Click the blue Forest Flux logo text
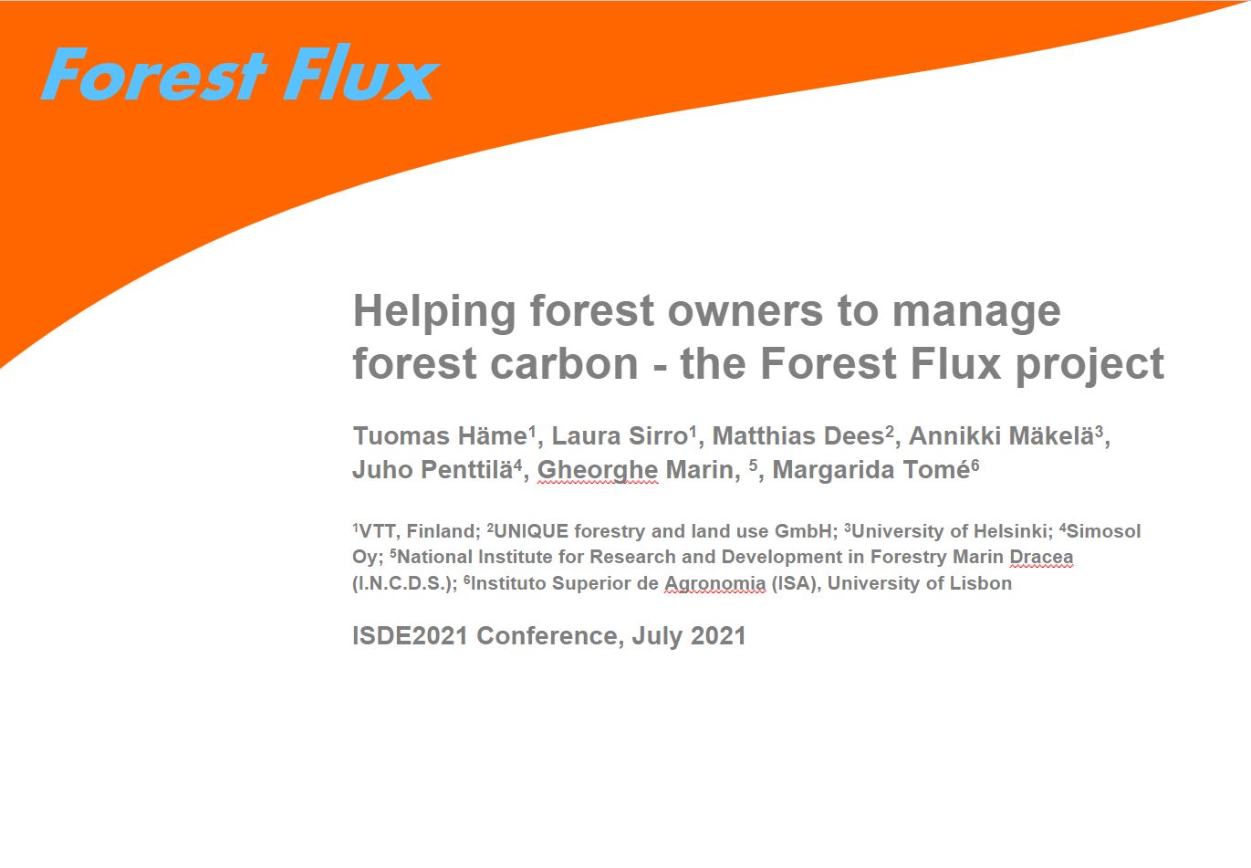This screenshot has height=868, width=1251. (x=240, y=73)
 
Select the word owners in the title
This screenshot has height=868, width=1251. (x=745, y=310)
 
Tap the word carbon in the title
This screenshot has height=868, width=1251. (x=564, y=363)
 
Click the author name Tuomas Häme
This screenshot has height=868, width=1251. (x=441, y=435)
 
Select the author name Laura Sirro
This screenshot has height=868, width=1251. (x=620, y=435)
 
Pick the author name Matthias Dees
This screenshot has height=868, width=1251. (x=798, y=435)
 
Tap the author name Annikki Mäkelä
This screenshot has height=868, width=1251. (x=1001, y=435)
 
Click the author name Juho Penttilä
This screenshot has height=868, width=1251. (x=433, y=469)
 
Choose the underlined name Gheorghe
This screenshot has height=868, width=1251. (x=598, y=471)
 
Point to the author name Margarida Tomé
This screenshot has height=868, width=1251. (x=871, y=469)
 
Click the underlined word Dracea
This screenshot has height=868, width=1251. (x=1041, y=557)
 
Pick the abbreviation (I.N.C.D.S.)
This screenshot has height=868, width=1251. (x=402, y=583)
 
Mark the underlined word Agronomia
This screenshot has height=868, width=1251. (x=714, y=584)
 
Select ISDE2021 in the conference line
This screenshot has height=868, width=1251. (x=410, y=635)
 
